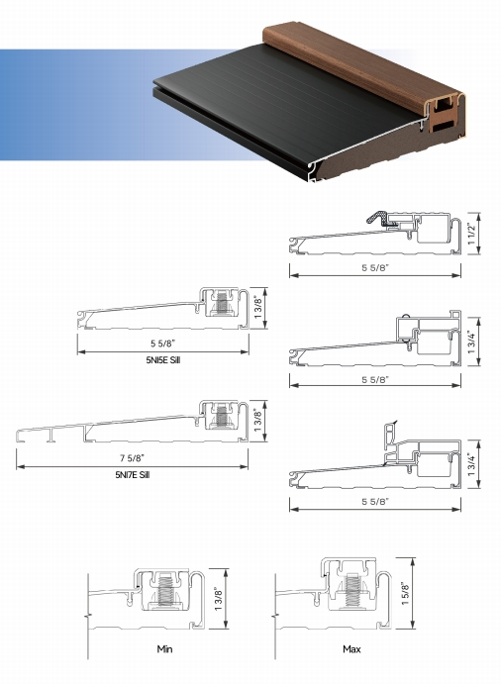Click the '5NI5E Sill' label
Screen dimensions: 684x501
pyautogui.click(x=162, y=362)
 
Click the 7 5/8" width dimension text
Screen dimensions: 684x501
pyautogui.click(x=132, y=457)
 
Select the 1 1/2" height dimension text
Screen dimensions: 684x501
pyautogui.click(x=474, y=234)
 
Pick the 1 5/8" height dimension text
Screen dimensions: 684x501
pyautogui.click(x=406, y=590)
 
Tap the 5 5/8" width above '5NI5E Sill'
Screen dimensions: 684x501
pyautogui.click(x=162, y=344)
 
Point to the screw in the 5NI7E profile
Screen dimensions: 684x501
pyautogui.click(x=225, y=419)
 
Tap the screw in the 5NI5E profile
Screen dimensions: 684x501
pyautogui.click(x=225, y=307)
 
